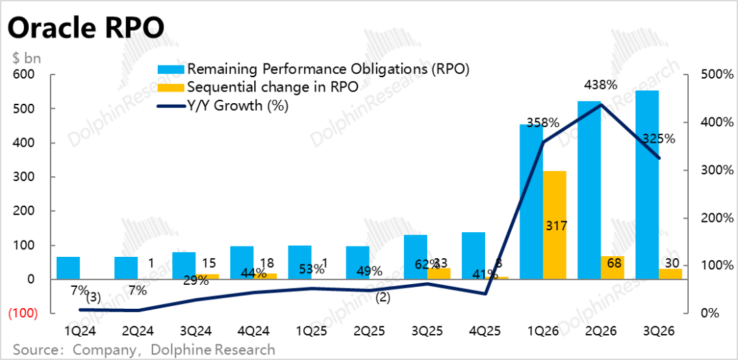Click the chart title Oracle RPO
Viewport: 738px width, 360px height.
click(86, 28)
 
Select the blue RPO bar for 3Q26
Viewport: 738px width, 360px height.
click(647, 184)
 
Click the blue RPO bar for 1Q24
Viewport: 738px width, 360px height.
click(68, 268)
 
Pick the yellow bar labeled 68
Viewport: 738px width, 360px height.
click(612, 267)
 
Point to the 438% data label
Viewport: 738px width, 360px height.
click(601, 85)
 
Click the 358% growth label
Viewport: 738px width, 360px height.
click(543, 124)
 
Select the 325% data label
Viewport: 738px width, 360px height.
click(659, 139)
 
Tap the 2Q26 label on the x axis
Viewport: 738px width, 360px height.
click(601, 331)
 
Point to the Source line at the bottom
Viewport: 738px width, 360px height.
click(143, 350)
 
